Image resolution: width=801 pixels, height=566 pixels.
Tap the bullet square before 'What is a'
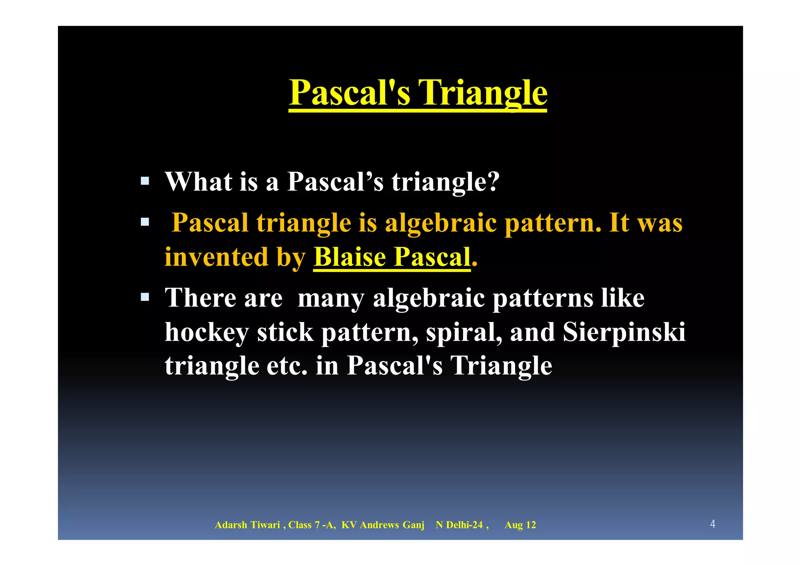click(x=145, y=181)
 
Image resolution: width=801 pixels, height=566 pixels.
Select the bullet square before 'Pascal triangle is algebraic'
click(x=145, y=222)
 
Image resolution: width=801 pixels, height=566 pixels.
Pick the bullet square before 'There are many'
click(x=145, y=297)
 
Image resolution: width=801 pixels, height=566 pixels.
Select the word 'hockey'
click(x=207, y=332)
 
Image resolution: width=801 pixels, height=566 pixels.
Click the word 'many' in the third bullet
click(x=331, y=299)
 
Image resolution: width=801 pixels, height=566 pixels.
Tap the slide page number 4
click(x=713, y=524)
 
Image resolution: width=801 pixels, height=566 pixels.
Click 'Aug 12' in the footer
click(x=520, y=525)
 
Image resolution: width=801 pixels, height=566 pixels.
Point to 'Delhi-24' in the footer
click(x=464, y=525)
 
